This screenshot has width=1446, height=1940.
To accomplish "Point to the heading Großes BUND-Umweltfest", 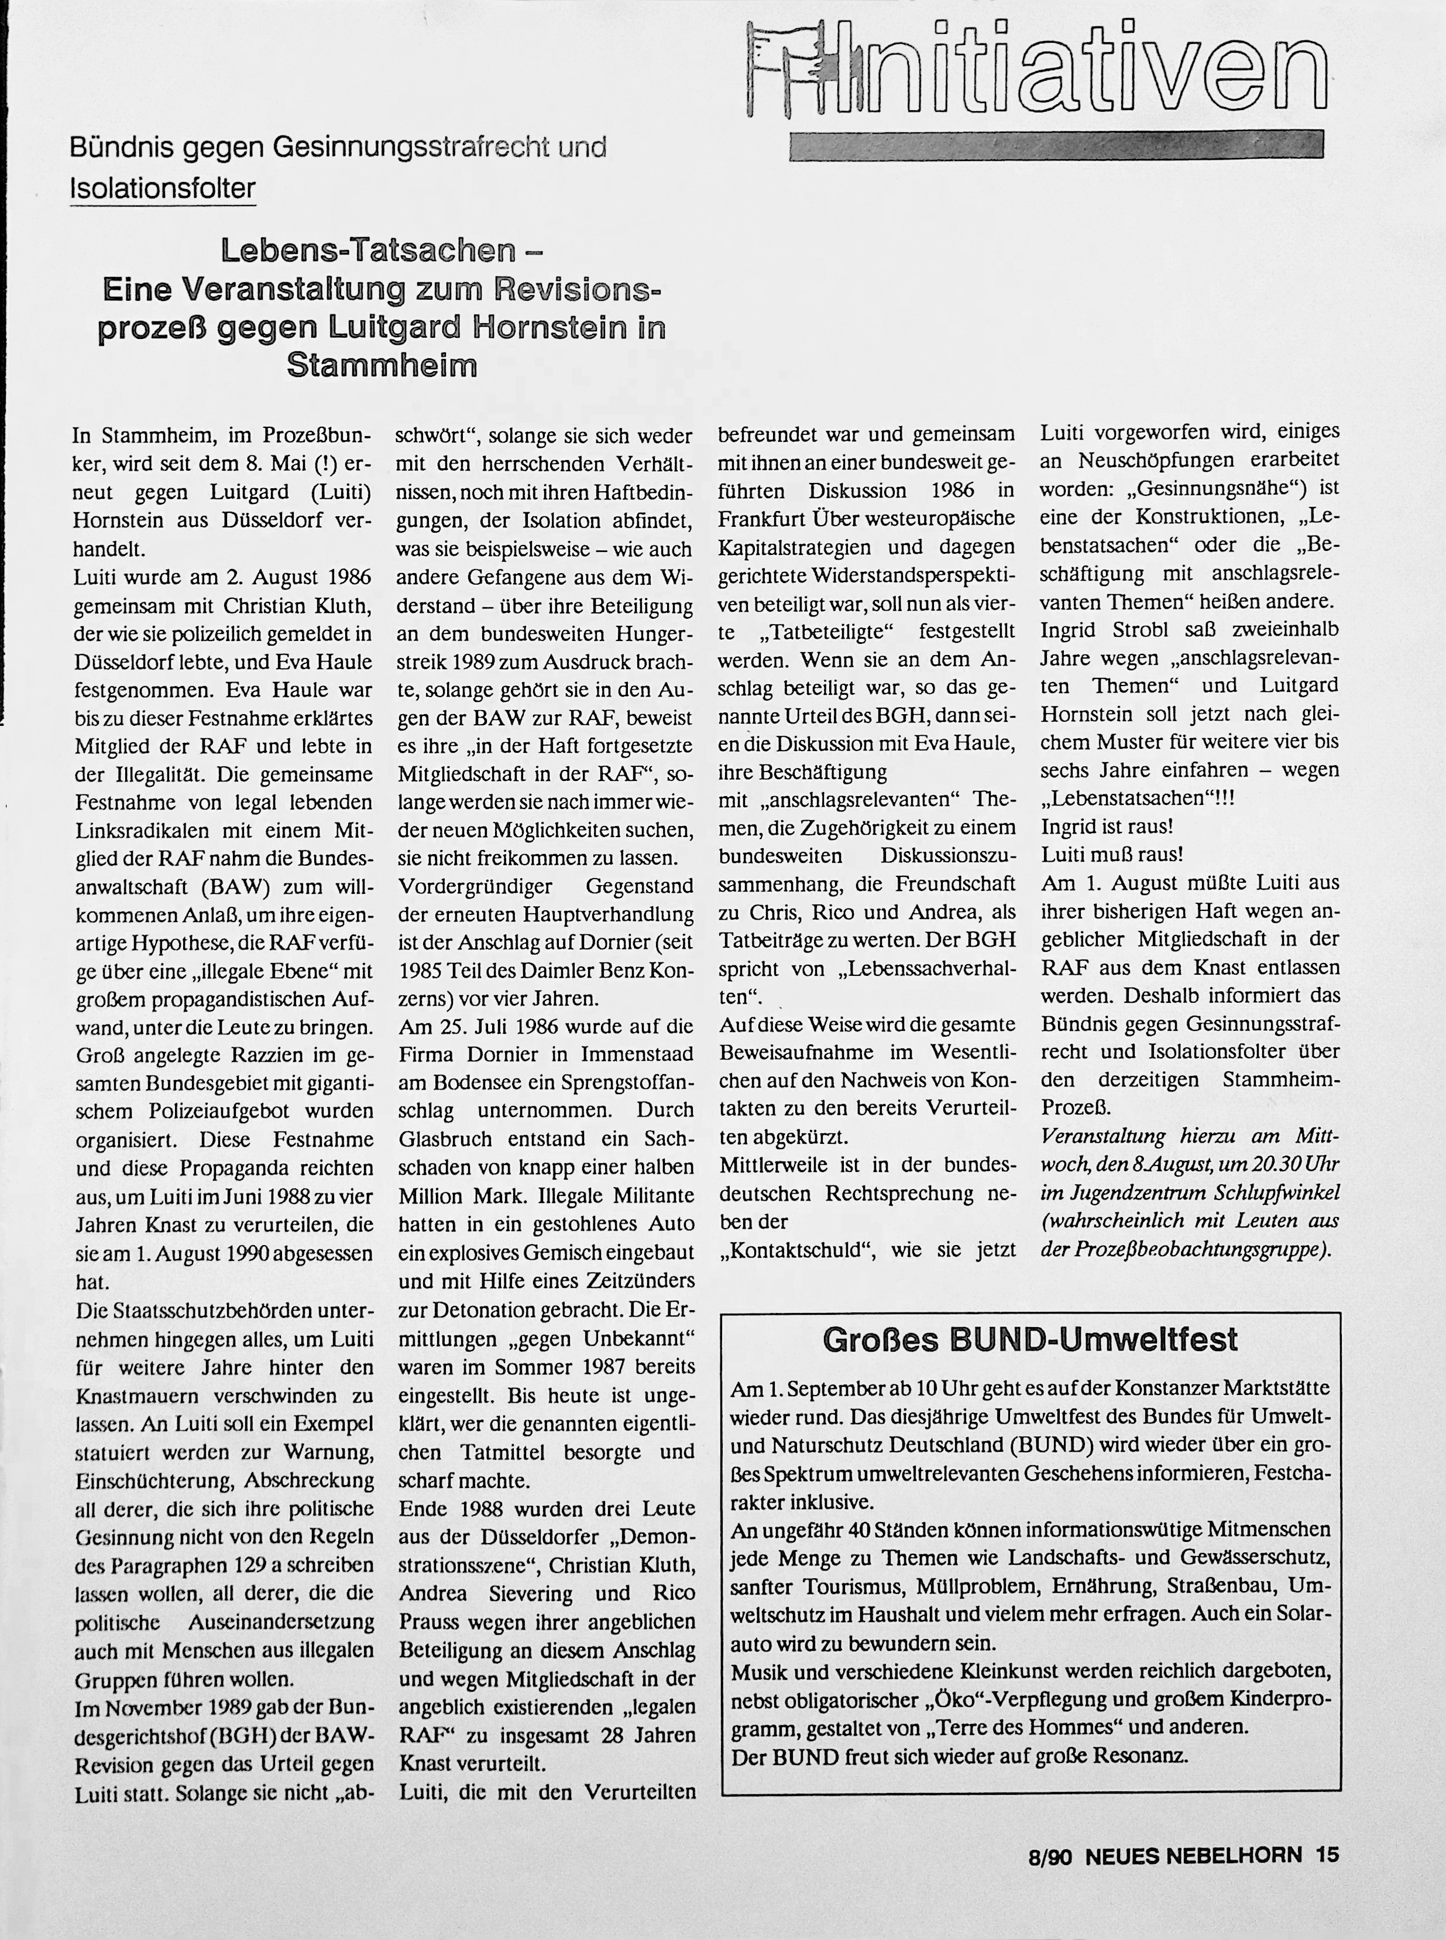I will click(x=1031, y=1339).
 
